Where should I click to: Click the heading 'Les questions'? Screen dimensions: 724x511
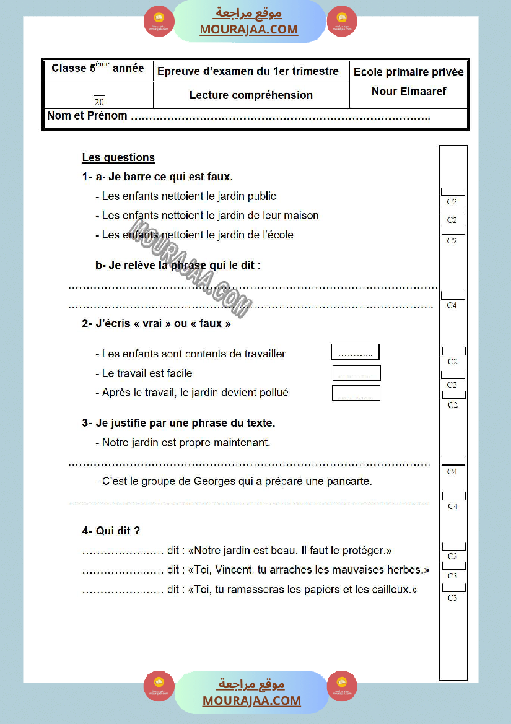pyautogui.click(x=118, y=158)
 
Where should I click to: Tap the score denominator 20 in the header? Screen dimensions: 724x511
pyautogui.click(x=99, y=102)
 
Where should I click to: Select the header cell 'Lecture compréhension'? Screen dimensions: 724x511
pyautogui.click(x=251, y=95)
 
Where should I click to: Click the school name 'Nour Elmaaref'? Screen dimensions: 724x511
pyautogui.click(x=409, y=91)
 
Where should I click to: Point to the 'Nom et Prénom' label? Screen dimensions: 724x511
pyautogui.click(x=87, y=116)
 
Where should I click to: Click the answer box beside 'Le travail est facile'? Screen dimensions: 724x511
pyautogui.click(x=357, y=373)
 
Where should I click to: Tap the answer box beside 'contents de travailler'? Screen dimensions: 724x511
pyautogui.click(x=356, y=352)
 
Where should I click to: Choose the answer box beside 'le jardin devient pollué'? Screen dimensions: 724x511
pyautogui.click(x=356, y=394)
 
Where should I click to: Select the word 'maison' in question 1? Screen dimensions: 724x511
pyautogui.click(x=301, y=216)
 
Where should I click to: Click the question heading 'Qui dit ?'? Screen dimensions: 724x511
pyautogui.click(x=118, y=531)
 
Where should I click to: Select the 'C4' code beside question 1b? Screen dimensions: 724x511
pyautogui.click(x=452, y=305)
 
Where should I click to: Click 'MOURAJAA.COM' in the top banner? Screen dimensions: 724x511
pyautogui.click(x=249, y=30)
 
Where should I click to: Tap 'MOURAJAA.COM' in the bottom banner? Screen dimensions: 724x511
pyautogui.click(x=251, y=701)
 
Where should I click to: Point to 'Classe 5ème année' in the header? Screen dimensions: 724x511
pyautogui.click(x=98, y=69)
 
